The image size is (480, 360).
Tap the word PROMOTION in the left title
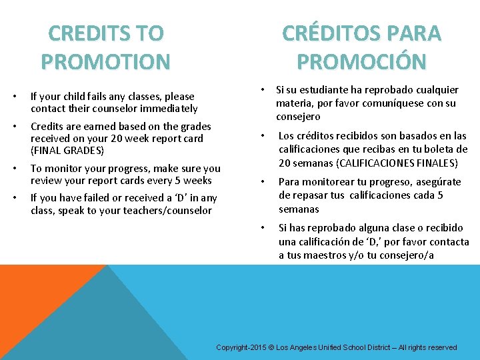pyautogui.click(x=105, y=62)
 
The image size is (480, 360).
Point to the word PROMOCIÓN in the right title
pyautogui.click(x=361, y=62)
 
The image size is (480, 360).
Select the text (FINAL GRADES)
pyautogui.click(x=67, y=151)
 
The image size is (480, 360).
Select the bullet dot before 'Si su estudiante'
pyautogui.click(x=264, y=89)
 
